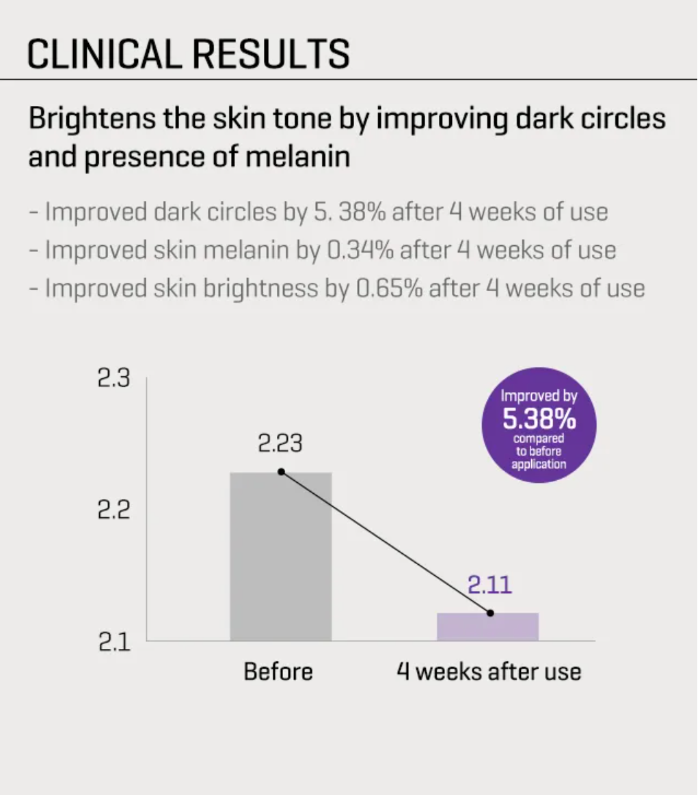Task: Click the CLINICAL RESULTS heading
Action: pyautogui.click(x=188, y=53)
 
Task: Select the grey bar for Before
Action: pyautogui.click(x=281, y=556)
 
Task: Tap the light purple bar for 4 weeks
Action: pyautogui.click(x=487, y=627)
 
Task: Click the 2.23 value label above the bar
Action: pyautogui.click(x=280, y=444)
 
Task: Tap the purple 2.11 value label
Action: pyautogui.click(x=489, y=585)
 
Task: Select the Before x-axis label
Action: pyautogui.click(x=278, y=671)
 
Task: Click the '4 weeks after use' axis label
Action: pyautogui.click(x=489, y=671)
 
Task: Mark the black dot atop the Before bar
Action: pyautogui.click(x=281, y=472)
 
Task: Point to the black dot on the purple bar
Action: pyautogui.click(x=490, y=613)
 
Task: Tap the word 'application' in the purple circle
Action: pyautogui.click(x=539, y=464)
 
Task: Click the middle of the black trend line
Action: pyautogui.click(x=386, y=542)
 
